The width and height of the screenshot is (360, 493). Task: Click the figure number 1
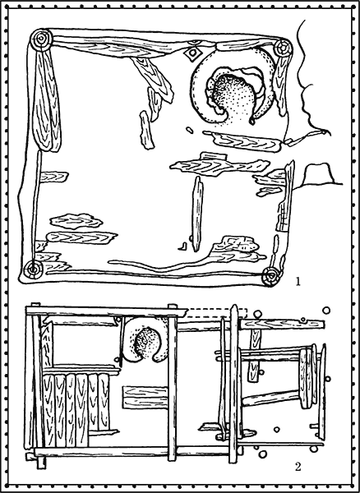tap(298, 281)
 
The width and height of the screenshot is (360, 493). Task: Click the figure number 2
tap(298, 467)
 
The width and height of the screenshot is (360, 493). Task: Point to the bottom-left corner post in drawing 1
tap(32, 270)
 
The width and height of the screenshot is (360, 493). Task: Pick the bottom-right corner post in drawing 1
tap(271, 277)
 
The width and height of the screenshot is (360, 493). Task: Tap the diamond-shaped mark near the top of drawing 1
tap(192, 53)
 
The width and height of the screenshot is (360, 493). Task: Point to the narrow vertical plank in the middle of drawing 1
tap(197, 214)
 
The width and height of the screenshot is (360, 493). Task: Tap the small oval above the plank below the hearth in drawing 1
tap(189, 130)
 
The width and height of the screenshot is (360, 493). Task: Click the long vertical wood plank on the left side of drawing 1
tap(46, 100)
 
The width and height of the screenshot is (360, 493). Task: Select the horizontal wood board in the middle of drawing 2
tap(145, 398)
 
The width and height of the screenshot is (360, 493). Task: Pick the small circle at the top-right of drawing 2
tap(326, 311)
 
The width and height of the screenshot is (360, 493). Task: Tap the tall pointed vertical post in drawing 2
tap(233, 384)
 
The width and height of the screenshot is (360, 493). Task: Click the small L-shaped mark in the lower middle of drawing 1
tap(182, 246)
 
